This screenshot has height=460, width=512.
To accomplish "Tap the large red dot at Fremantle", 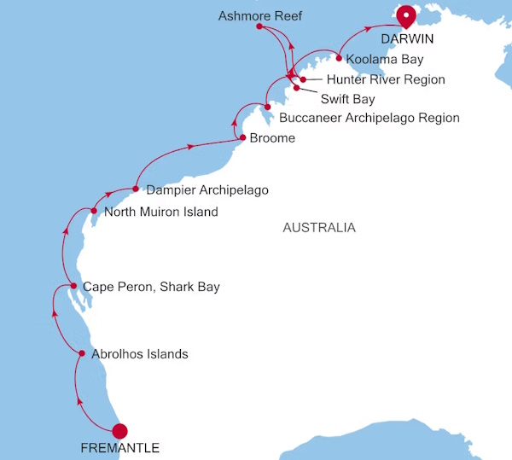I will pos(119,431).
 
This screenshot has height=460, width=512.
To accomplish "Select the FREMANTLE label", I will pos(119,447).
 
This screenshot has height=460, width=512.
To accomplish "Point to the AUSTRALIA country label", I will pos(318,228).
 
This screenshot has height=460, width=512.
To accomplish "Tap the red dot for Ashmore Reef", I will pos(259,27).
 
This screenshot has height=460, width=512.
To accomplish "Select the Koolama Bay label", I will pos(385,60).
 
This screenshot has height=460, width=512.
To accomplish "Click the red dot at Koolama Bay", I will pos(340,59).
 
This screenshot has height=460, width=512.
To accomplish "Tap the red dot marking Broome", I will pos(243,137).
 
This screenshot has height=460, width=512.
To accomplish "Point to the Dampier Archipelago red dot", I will pos(136,189).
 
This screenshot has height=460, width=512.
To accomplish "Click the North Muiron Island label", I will pos(160,212).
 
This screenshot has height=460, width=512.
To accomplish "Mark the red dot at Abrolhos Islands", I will pos(82,353).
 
